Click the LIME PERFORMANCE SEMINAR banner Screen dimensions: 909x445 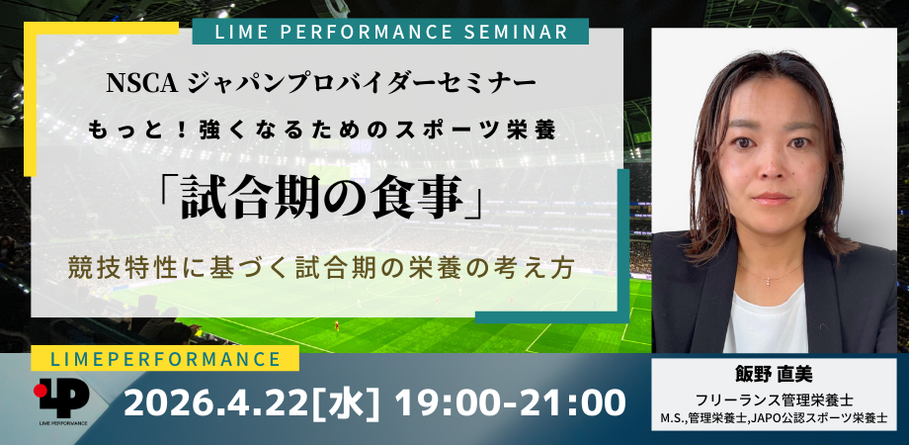pos(390,32)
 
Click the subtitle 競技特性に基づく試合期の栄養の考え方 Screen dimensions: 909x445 pos(321,269)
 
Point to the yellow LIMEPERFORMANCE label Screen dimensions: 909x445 pos(165,359)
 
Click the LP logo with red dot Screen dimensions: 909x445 pos(61,398)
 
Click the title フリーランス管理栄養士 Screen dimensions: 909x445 pos(774,400)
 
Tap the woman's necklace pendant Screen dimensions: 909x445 pos(769,282)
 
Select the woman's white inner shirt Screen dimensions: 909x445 pos(767,321)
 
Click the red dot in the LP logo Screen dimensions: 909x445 pos(40,391)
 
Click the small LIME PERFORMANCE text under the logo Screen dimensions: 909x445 pos(64,423)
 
